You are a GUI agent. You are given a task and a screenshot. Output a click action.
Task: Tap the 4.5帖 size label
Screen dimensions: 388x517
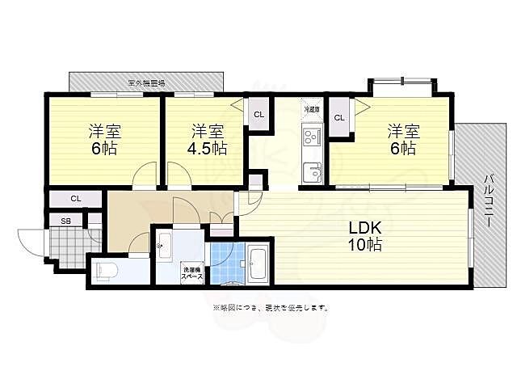coord(208,148)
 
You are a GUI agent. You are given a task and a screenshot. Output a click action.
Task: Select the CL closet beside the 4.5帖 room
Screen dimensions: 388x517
coord(258,115)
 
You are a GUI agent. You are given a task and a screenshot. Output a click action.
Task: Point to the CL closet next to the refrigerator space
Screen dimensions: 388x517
coord(339,118)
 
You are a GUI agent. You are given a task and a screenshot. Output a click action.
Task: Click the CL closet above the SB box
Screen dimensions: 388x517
coord(75,198)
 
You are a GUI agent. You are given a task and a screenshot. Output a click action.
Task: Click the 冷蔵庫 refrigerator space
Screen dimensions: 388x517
coord(312,109)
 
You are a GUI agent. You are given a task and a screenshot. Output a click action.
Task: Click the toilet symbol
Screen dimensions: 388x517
coord(108,270)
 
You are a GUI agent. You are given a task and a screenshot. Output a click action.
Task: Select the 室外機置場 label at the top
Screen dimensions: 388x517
coord(146,82)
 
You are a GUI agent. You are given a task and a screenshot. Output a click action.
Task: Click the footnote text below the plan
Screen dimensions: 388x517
coord(270,308)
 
